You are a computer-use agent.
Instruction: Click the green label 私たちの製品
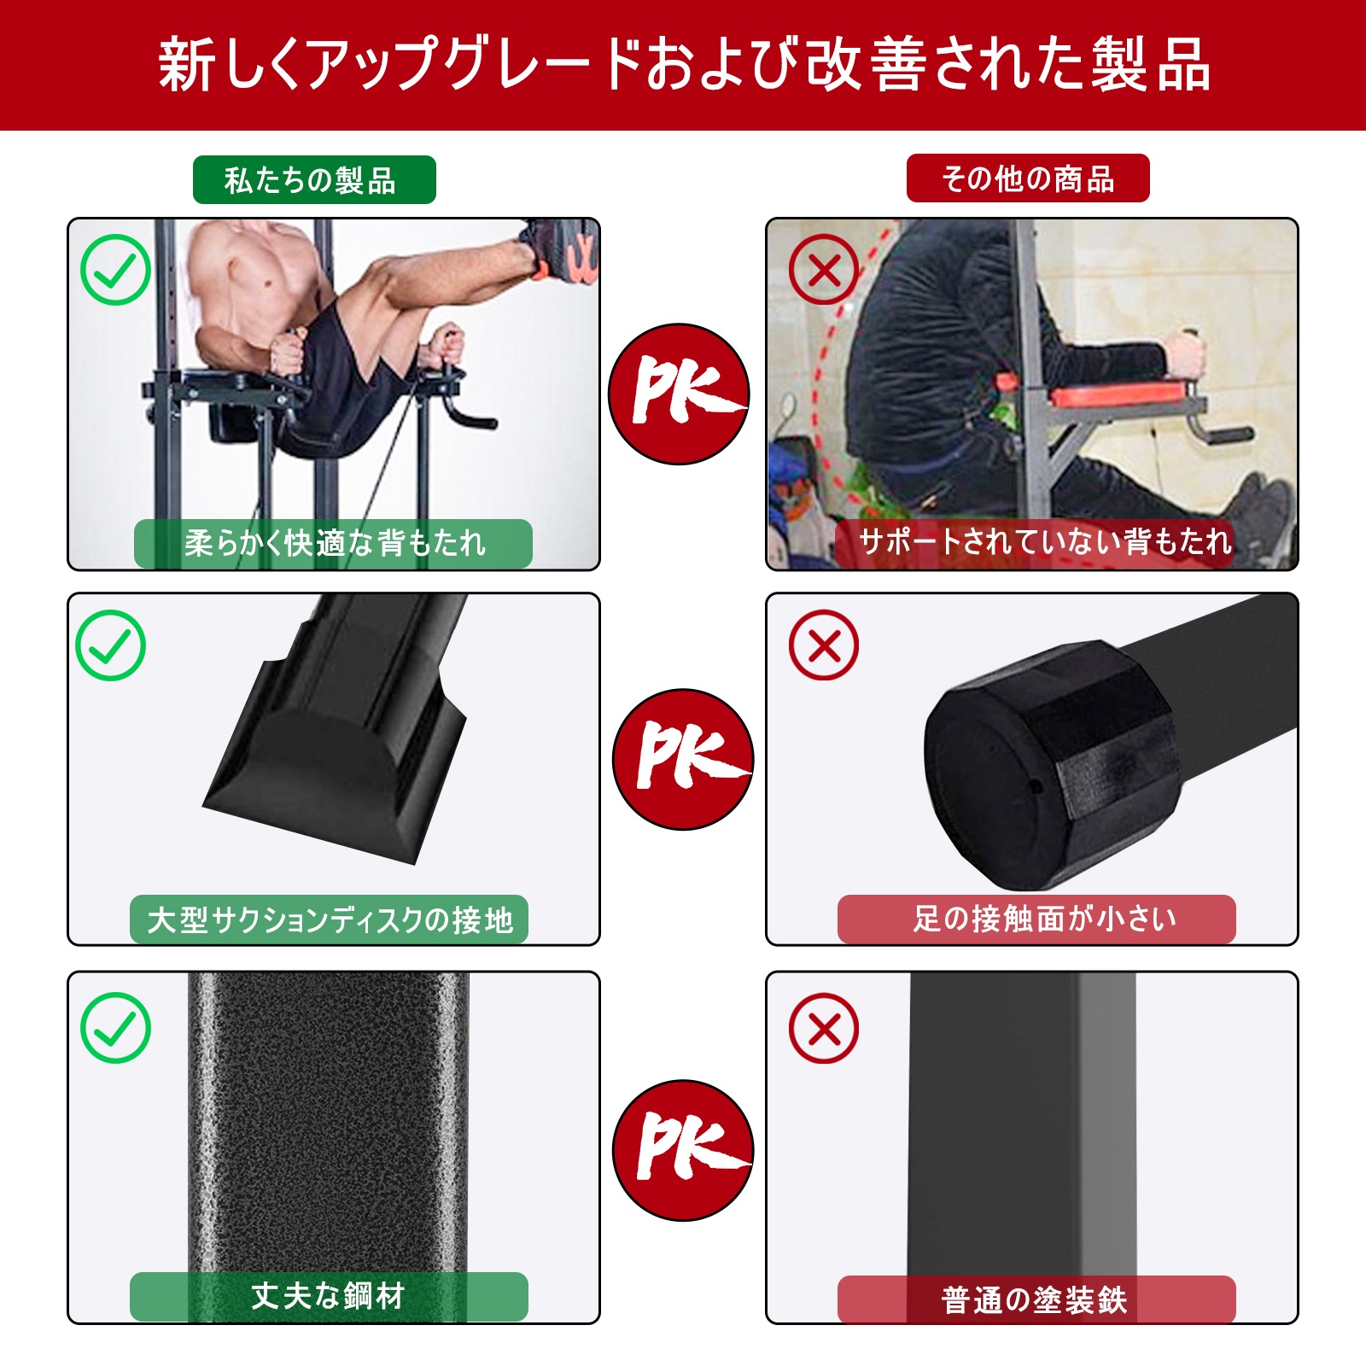pos(314,180)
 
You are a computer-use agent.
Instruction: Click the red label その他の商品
pos(1028,178)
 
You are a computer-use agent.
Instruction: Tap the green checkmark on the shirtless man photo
pos(115,270)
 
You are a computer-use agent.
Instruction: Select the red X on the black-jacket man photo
pos(824,270)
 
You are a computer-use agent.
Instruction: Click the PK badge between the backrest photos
pos(679,394)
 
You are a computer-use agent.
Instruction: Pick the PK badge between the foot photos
pos(682,759)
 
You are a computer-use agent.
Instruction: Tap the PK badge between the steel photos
pos(682,1150)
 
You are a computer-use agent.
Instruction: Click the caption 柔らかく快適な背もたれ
pos(334,543)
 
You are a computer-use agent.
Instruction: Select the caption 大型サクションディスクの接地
pos(330,919)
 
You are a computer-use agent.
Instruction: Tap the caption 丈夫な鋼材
pos(329,1296)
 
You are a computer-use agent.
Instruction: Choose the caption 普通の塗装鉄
pos(1036,1299)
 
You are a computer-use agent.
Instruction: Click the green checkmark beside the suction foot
pos(111,645)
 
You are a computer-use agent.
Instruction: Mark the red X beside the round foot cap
pos(824,645)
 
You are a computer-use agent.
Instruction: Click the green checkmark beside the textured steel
pos(115,1028)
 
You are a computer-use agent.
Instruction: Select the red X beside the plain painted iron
pos(824,1028)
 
